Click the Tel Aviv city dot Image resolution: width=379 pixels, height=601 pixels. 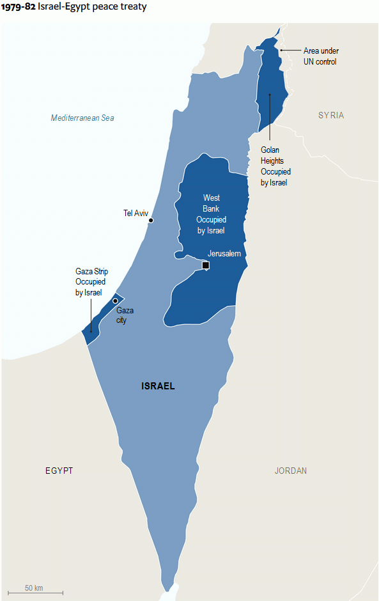coord(151,220)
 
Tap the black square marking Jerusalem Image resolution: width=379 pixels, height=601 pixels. coord(205,265)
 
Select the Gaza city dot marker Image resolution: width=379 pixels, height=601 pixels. coord(115,300)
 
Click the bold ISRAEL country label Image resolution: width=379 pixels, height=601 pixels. coord(158,386)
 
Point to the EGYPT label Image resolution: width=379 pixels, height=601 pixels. coord(59,471)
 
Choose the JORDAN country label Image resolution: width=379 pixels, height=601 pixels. coord(291,471)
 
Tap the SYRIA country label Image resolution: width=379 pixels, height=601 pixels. coord(331,115)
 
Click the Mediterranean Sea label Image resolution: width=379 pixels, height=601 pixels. coord(82,118)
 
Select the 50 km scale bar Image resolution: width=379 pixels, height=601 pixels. coord(35,593)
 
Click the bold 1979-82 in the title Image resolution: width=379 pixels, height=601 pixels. coord(18,6)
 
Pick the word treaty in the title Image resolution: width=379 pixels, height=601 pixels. coord(133,6)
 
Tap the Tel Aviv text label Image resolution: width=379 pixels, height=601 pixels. coord(135,213)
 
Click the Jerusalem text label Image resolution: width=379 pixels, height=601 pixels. coord(224,253)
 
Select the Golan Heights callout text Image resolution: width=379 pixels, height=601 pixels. coord(275,166)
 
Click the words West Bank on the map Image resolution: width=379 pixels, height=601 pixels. coord(212,203)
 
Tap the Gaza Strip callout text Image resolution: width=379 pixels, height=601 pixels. coord(90,282)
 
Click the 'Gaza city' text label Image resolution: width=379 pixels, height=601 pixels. coord(125,315)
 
